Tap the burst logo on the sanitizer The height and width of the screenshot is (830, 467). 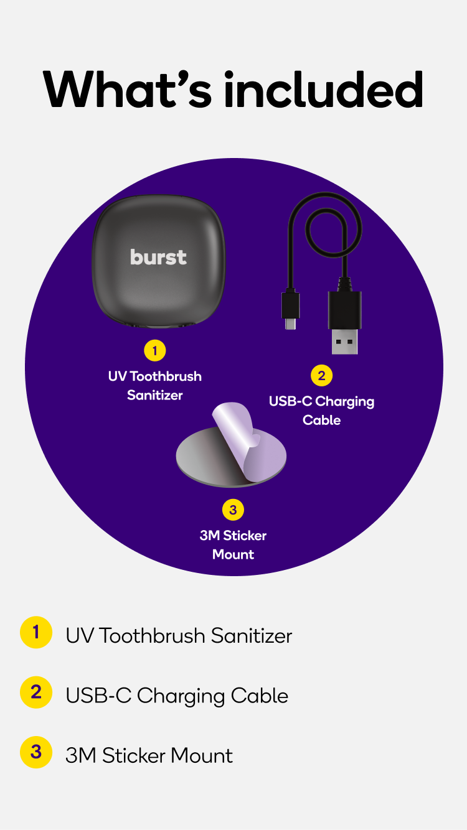[x=158, y=257]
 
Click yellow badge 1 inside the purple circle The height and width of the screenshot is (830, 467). [x=154, y=350]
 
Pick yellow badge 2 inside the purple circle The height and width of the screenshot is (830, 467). [x=321, y=375]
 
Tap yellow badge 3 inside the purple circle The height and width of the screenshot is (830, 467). [x=233, y=510]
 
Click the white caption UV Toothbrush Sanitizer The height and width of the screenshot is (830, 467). [x=155, y=386]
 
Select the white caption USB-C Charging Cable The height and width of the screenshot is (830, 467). [x=321, y=411]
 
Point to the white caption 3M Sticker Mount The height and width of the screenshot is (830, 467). [x=233, y=545]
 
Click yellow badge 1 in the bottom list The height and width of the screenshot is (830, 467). [x=36, y=633]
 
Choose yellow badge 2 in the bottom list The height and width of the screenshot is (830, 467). [x=36, y=692]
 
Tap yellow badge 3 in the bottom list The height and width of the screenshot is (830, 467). [x=36, y=752]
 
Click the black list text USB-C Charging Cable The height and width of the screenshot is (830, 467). [x=177, y=696]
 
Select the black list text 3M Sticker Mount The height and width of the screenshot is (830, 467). [x=149, y=755]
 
